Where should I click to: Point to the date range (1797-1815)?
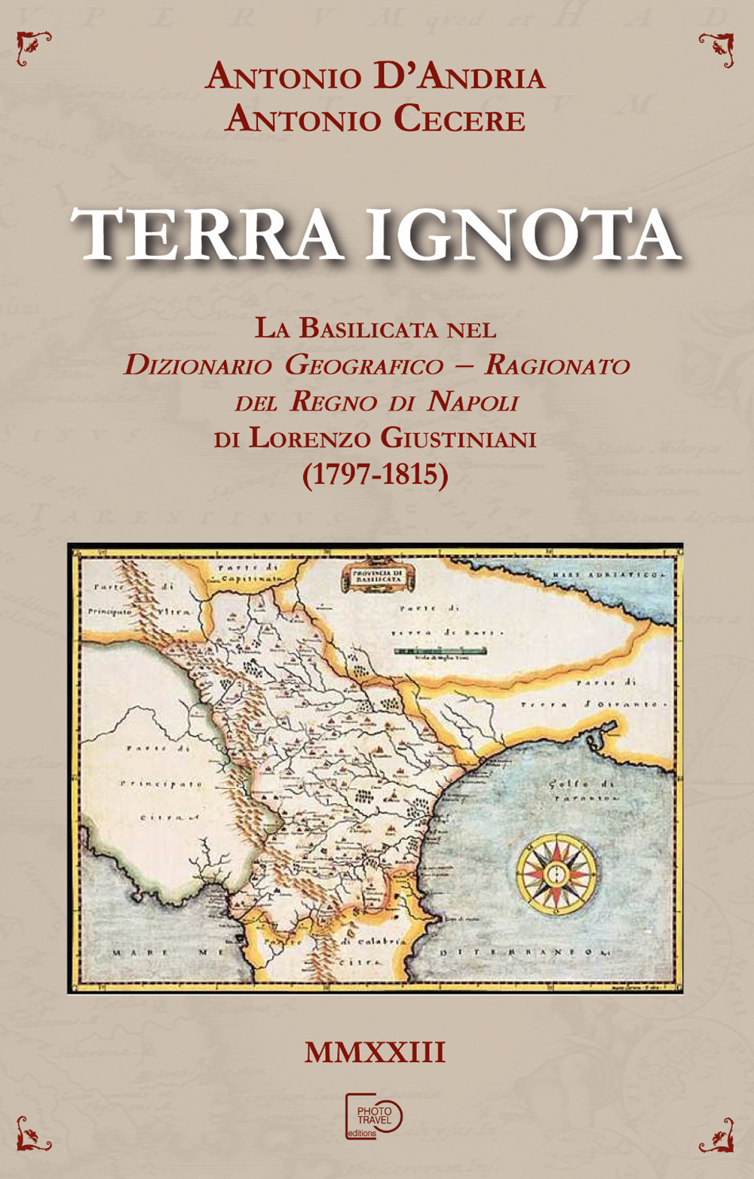point(375,474)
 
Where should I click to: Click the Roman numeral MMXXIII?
point(375,1052)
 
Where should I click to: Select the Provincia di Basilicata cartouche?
point(375,577)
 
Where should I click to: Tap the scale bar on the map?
point(440,651)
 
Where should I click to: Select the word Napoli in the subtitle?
point(473,402)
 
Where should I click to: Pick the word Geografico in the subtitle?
point(365,365)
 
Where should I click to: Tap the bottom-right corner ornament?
point(718,1134)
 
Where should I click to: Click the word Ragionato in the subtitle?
point(557,365)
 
